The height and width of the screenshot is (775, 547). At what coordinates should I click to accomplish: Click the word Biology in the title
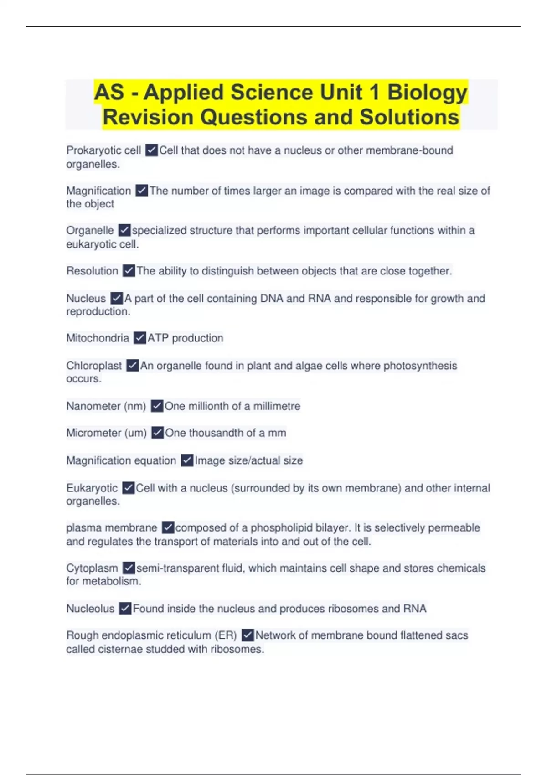click(x=427, y=93)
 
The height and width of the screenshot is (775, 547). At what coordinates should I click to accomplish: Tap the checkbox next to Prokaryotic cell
click(x=151, y=150)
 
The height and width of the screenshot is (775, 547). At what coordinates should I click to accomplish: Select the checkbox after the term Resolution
click(x=129, y=271)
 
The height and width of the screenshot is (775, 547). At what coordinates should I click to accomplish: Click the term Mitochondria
click(x=98, y=338)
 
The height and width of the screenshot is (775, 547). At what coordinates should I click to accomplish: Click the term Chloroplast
click(x=94, y=366)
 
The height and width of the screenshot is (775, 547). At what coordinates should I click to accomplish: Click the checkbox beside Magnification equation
click(x=187, y=460)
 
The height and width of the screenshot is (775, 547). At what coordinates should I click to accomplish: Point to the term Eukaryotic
click(x=92, y=488)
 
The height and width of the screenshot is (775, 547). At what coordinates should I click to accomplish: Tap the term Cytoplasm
click(x=92, y=568)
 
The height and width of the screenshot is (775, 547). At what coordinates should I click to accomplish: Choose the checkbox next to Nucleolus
click(x=125, y=609)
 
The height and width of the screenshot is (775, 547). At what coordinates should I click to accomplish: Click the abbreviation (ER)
click(x=225, y=635)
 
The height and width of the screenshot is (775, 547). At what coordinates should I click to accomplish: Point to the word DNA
click(x=272, y=299)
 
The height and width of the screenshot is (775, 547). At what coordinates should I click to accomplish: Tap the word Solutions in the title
click(x=409, y=117)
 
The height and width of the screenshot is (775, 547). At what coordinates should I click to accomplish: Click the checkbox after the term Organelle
click(x=124, y=231)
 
